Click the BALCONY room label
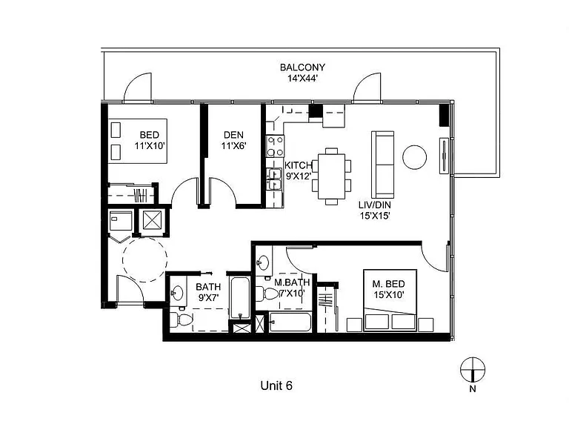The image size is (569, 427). pyautogui.click(x=302, y=67)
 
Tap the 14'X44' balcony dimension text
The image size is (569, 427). pyautogui.click(x=302, y=78)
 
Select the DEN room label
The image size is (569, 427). pyautogui.click(x=233, y=135)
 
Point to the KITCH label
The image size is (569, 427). pyautogui.click(x=298, y=165)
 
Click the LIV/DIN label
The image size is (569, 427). pyautogui.click(x=374, y=205)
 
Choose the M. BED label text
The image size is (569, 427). pyautogui.click(x=389, y=284)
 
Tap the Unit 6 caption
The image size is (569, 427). pyautogui.click(x=276, y=385)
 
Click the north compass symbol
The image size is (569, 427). pyautogui.click(x=473, y=370)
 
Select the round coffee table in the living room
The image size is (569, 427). pyautogui.click(x=414, y=157)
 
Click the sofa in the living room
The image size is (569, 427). pyautogui.click(x=382, y=165)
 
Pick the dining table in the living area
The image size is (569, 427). pyautogui.click(x=331, y=176)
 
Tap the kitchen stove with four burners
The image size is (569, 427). pyautogui.click(x=275, y=146)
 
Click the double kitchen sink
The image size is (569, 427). pyautogui.click(x=274, y=179)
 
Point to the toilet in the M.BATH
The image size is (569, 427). pyautogui.click(x=267, y=294)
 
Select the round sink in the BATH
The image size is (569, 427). pyautogui.click(x=177, y=293)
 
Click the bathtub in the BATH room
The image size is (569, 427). pyautogui.click(x=240, y=298)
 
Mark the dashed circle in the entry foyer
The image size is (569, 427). pyautogui.click(x=144, y=260)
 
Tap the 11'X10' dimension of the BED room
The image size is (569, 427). pyautogui.click(x=150, y=146)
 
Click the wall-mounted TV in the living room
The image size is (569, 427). pyautogui.click(x=445, y=156)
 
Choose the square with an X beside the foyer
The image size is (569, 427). pyautogui.click(x=152, y=220)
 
